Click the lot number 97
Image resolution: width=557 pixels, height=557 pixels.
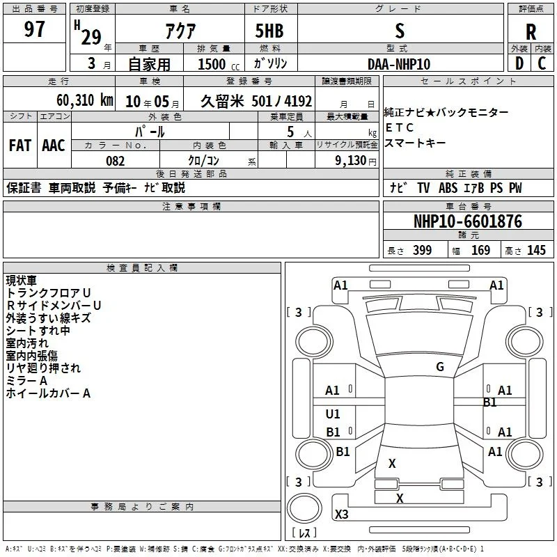[34, 29]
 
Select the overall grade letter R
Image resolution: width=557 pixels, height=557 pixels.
[531, 32]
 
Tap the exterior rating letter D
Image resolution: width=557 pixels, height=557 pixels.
[519, 63]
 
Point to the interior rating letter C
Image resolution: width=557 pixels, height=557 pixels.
[542, 63]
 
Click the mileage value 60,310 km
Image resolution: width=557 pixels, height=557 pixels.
[85, 100]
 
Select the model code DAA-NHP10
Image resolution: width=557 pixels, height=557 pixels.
[399, 64]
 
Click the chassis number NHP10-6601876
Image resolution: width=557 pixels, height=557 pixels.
[468, 221]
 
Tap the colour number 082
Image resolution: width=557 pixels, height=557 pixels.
[116, 161]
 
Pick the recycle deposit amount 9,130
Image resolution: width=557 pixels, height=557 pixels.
[350, 161]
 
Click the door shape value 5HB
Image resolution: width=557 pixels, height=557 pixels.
[269, 31]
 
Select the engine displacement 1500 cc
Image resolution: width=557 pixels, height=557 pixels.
[219, 64]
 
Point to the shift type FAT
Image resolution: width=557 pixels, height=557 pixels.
[20, 146]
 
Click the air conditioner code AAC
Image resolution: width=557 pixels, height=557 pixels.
[54, 146]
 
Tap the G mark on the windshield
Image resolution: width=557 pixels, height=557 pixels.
[440, 367]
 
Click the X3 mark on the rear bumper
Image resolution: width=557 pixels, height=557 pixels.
[341, 514]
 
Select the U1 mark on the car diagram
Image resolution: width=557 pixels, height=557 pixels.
[333, 414]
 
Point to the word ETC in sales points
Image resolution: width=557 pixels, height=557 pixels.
[399, 127]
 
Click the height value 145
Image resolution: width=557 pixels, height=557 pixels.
[536, 250]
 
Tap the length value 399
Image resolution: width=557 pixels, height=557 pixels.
[423, 250]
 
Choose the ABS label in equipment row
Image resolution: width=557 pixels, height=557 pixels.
[448, 188]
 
